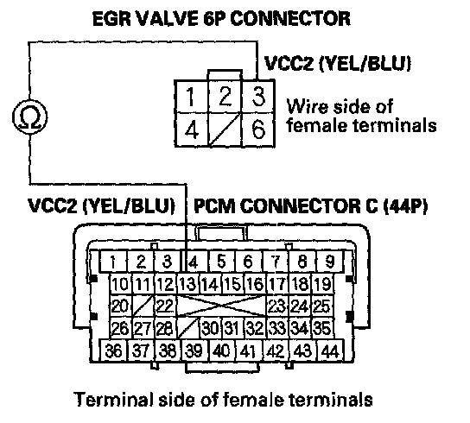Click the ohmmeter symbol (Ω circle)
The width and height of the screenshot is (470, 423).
(x=29, y=117)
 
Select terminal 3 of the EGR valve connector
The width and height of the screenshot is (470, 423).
(x=258, y=97)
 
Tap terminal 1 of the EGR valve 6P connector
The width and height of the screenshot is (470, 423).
(x=191, y=97)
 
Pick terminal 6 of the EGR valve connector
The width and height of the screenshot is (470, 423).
(x=258, y=129)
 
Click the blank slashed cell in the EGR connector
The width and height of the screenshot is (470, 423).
(x=225, y=129)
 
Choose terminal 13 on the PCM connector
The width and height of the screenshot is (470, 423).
(x=188, y=283)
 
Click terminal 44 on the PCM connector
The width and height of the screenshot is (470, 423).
(x=330, y=350)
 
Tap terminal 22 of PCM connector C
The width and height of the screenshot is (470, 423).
(x=165, y=306)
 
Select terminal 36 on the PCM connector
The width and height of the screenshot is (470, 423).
(x=114, y=350)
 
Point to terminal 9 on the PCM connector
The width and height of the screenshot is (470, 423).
(x=329, y=262)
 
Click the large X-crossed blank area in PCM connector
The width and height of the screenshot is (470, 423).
(x=221, y=306)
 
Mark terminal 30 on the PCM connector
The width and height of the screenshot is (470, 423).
(x=211, y=328)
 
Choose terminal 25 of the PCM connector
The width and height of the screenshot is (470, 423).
(x=322, y=306)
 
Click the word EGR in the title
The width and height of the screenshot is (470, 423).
(x=111, y=19)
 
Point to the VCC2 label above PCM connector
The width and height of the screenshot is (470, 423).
(x=52, y=205)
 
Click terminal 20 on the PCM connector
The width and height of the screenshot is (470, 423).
(x=120, y=306)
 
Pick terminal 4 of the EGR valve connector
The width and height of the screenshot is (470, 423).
(x=191, y=129)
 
